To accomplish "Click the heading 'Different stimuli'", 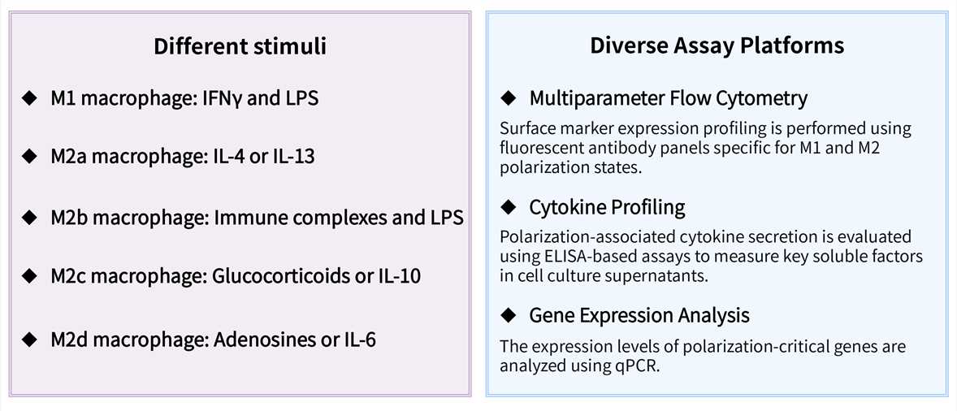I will [240, 46].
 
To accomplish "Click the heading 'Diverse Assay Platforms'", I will [717, 46].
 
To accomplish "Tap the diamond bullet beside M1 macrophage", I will [30, 99].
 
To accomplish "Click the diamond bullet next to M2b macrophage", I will [30, 218].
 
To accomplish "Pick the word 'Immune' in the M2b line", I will [245, 218].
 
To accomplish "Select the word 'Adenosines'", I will [254, 338].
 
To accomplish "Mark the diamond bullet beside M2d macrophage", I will [30, 338].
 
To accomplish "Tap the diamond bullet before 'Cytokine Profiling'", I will [509, 207].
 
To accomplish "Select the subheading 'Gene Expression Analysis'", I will [639, 314].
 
